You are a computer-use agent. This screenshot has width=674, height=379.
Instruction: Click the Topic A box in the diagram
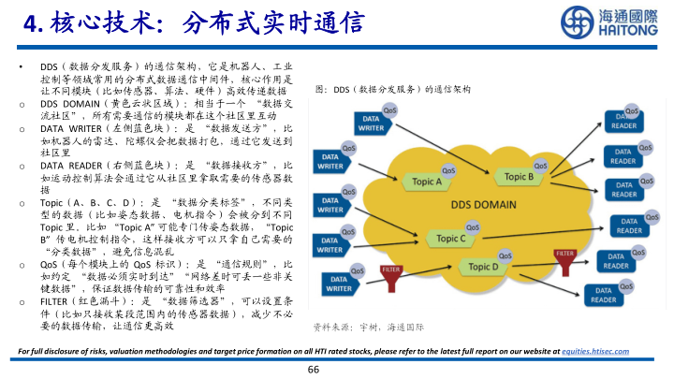[x=426, y=182]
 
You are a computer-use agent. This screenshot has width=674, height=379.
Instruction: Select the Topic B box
[x=518, y=175]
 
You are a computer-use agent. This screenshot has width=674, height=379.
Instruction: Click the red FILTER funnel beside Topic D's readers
[x=564, y=255]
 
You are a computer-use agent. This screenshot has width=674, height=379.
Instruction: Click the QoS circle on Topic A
[x=448, y=170]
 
